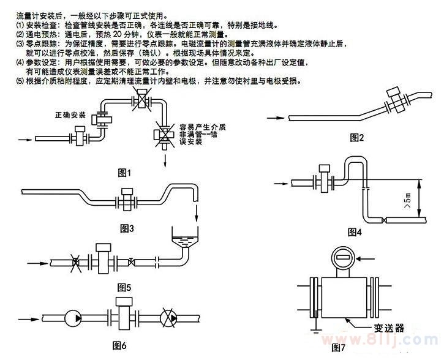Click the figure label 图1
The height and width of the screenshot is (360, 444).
(125, 173)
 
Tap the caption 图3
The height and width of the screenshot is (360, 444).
(127, 228)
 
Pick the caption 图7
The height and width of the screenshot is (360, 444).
(338, 348)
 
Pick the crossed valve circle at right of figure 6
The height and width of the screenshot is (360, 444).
(168, 318)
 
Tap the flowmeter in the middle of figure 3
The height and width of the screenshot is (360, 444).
(126, 200)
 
